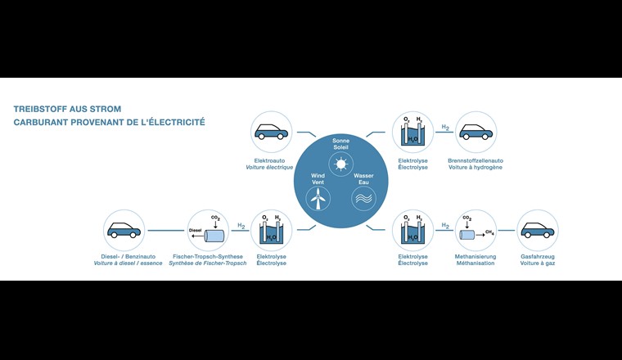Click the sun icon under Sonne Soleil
pos(340,164)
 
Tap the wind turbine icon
pos(318,199)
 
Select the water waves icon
pos(363,199)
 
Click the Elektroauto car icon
pos(272,132)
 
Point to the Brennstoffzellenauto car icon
pos(476,132)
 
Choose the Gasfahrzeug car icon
pos(538,230)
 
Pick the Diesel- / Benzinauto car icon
pos(124,230)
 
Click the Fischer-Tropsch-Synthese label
pos(208,257)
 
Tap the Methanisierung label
pos(476,257)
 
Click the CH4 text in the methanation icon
pos(489,232)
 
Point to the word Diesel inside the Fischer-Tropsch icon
pos(195,230)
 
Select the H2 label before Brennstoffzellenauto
pos(445,128)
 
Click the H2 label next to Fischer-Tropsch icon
pos(241,226)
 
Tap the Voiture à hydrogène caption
pos(476,167)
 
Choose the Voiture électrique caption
pos(269,167)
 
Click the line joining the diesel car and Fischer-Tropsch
pos(166,231)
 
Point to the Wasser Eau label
pos(363,179)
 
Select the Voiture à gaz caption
pos(538,263)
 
